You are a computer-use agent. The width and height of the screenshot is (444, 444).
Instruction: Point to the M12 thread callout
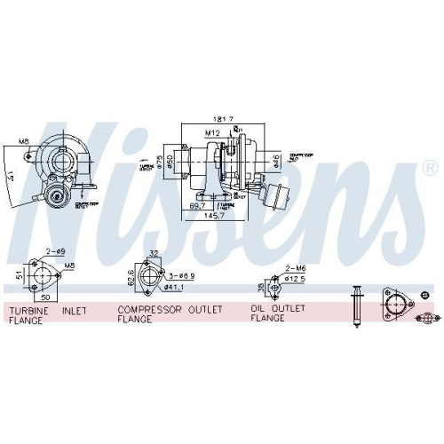213,134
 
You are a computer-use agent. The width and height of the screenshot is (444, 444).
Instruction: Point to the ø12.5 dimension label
297,279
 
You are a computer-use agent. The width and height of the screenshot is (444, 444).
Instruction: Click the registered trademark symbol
428,166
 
